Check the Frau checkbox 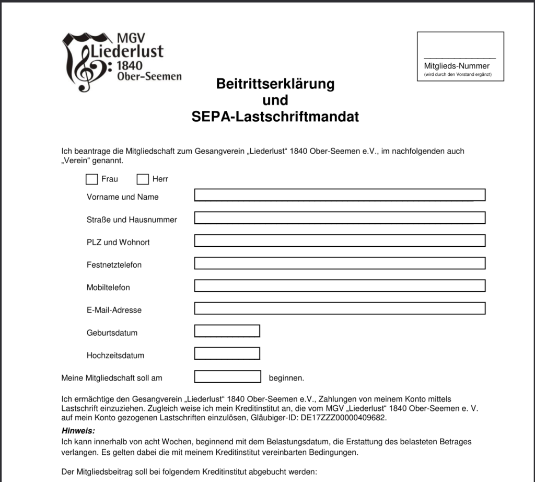(x=92, y=179)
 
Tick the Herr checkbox (x=143, y=179)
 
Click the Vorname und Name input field (x=340, y=195)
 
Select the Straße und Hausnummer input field (x=340, y=217)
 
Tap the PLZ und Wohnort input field (x=340, y=240)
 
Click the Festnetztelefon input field (x=340, y=263)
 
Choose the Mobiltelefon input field (x=340, y=286)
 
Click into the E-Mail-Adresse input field (x=340, y=308)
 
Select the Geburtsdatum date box (x=227, y=331)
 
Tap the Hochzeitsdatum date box (x=227, y=353)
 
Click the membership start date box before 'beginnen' (x=227, y=376)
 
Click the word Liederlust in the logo (x=127, y=51)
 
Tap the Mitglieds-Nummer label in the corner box (x=457, y=66)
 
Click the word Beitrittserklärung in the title (x=275, y=84)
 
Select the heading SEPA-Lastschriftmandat (x=275, y=117)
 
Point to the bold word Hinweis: (x=78, y=431)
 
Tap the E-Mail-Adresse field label (x=114, y=310)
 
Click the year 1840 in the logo (x=129, y=65)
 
